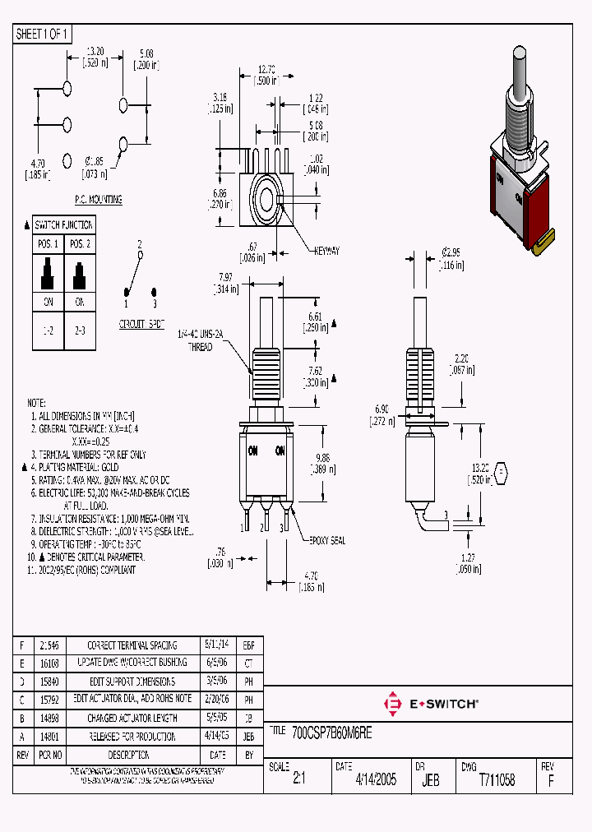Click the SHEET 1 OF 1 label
[x=43, y=34]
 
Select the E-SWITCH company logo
[x=432, y=704]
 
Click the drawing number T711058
[x=497, y=780]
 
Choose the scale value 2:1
[x=298, y=780]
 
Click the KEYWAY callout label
[x=325, y=251]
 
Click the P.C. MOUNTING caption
[x=99, y=200]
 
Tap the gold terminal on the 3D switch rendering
[x=543, y=242]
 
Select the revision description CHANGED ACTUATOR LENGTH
[x=132, y=718]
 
